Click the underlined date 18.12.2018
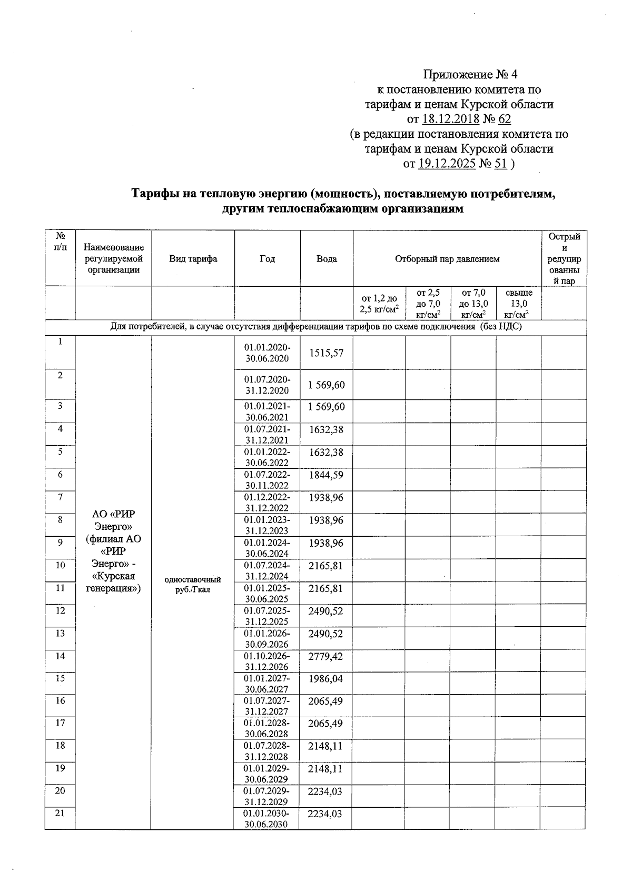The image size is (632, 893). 451,119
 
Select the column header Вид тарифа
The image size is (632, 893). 193,259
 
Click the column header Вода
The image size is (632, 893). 327,259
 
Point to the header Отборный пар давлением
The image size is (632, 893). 447,259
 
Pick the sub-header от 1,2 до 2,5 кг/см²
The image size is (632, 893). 379,304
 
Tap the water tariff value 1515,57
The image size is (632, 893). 326,353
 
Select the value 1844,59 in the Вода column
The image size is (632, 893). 326,475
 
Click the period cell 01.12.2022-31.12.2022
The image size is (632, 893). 266,503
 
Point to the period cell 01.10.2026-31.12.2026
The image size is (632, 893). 266,661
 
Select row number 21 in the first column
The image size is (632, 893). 60,814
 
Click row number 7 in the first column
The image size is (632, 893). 60,497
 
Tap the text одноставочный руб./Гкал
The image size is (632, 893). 193,585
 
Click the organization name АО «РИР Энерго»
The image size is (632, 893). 113,520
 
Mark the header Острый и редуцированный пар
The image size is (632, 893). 564,259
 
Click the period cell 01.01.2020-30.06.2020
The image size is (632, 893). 267,353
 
